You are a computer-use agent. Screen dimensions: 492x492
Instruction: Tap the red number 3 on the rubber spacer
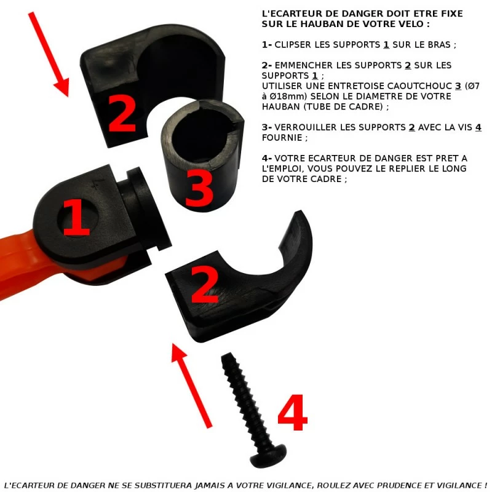199,188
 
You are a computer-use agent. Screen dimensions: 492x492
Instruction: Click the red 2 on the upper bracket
122,114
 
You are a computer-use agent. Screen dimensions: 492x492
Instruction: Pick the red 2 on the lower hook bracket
204,284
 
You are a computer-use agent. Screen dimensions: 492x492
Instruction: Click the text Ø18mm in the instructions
288,97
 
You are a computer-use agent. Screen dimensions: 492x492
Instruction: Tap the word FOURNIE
282,137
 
